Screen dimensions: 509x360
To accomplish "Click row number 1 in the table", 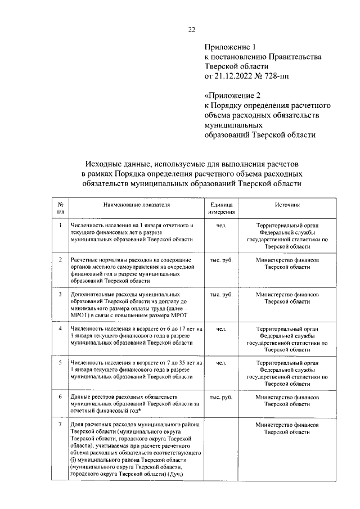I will coord(60,226).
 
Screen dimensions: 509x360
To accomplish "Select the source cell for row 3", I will coord(287,298).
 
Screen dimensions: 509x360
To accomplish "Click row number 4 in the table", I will coord(60,327).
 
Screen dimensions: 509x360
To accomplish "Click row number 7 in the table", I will coord(60,424).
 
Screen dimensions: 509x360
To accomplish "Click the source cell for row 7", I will coord(287,428).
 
